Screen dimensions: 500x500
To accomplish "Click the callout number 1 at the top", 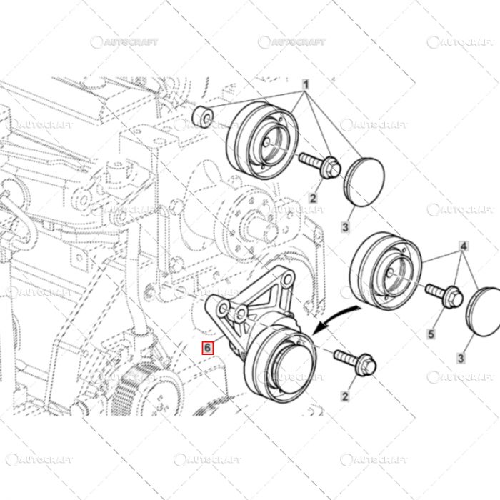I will pyautogui.click(x=306, y=85).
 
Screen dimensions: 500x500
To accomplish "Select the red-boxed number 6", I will pyautogui.click(x=207, y=348).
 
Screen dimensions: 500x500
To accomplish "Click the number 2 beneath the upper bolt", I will pyautogui.click(x=313, y=198).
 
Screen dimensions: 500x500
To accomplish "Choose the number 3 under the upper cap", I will pyautogui.click(x=344, y=227).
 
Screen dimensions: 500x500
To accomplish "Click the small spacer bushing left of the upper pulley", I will pyautogui.click(x=204, y=116).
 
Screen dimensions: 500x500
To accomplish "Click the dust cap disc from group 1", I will pyautogui.click(x=365, y=181).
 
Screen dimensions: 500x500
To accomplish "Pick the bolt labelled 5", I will pyautogui.click(x=444, y=294).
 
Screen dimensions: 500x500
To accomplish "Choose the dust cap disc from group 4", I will pyautogui.click(x=480, y=310).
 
